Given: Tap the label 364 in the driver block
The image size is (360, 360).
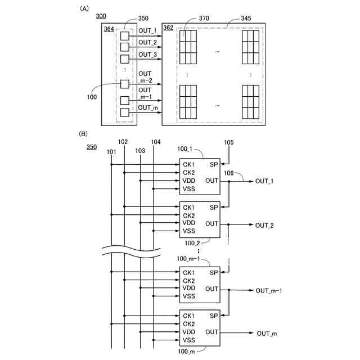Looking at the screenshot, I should click(109, 29).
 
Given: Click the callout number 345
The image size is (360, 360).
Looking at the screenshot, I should click(246, 19).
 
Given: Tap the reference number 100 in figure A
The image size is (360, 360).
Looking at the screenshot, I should click(92, 97).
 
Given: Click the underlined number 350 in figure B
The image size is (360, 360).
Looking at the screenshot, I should click(92, 147).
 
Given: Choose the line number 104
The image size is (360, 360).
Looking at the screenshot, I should click(156, 142).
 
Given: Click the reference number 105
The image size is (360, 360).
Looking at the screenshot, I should click(229, 142).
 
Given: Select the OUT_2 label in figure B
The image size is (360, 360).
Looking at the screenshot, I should click(264, 225).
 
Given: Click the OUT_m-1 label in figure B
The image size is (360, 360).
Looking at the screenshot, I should click(268, 290).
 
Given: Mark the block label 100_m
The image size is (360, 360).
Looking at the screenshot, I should click(187, 351).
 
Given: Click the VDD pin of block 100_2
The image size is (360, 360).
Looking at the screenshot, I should click(189, 223).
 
